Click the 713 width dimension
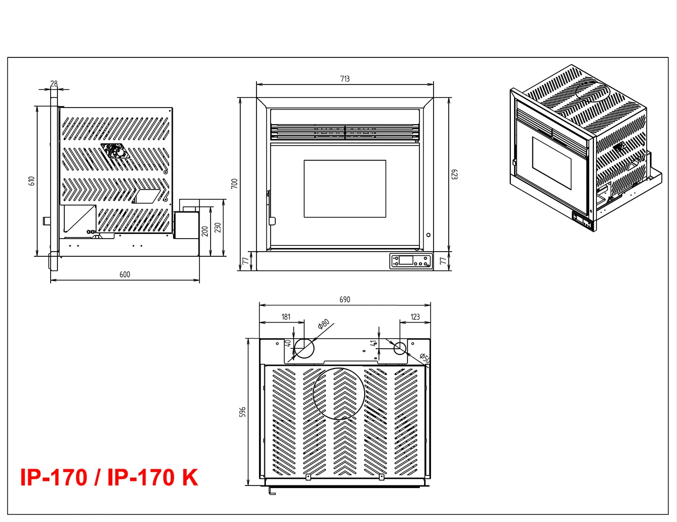tap(345, 79)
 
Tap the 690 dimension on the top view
tap(345, 300)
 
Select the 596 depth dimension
tap(242, 412)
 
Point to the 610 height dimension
tap(32, 181)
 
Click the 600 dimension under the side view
tap(125, 275)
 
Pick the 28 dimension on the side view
tap(54, 84)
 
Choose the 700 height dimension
tap(235, 183)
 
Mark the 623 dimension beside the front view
tap(454, 174)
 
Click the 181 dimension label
tap(286, 317)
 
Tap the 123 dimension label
tap(415, 317)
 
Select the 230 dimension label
tap(218, 228)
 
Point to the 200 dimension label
tap(205, 230)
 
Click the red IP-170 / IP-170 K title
tap(109, 478)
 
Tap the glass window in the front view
tap(345, 188)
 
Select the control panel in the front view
tap(411, 260)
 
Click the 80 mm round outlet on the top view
tap(305, 348)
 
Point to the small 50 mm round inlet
tap(400, 348)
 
